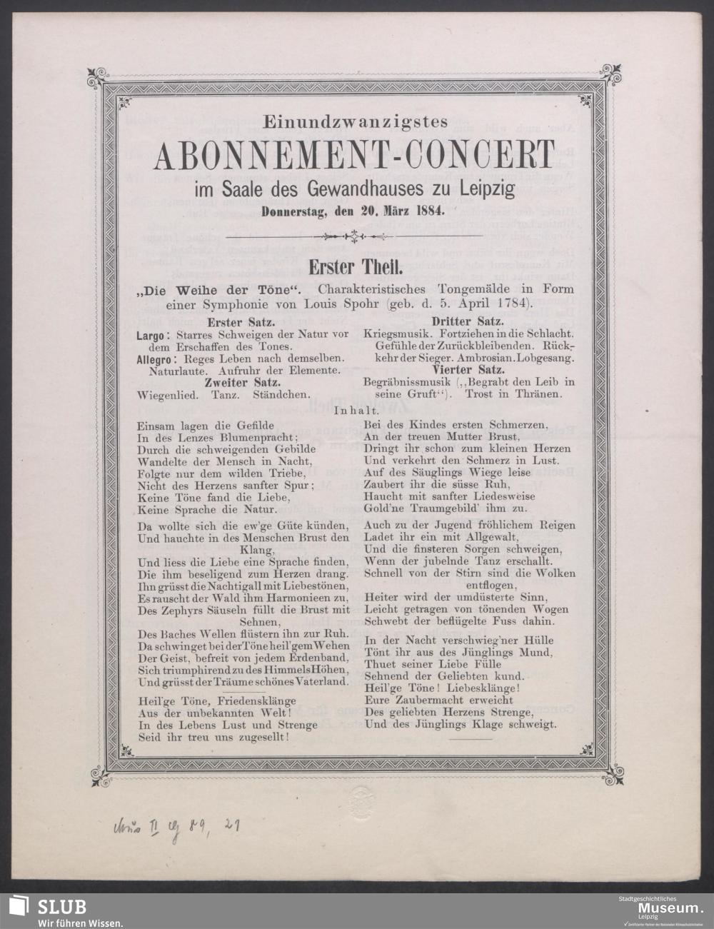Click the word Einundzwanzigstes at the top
355,122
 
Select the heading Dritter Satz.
468,322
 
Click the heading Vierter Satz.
468,370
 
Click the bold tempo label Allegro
154,358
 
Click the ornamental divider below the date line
355,236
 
